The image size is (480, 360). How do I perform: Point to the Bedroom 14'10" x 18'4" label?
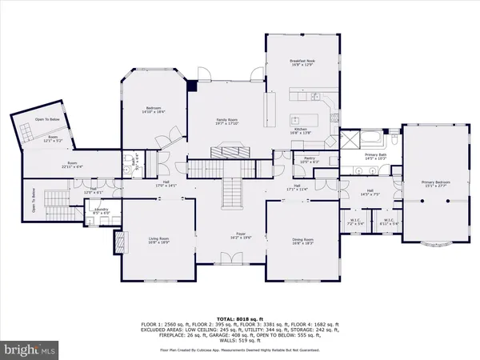(x=154, y=110)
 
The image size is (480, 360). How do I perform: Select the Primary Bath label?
(x=376, y=158)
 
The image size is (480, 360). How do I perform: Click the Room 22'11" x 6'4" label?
(x=72, y=165)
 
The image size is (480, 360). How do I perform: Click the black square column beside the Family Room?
(x=192, y=86)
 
